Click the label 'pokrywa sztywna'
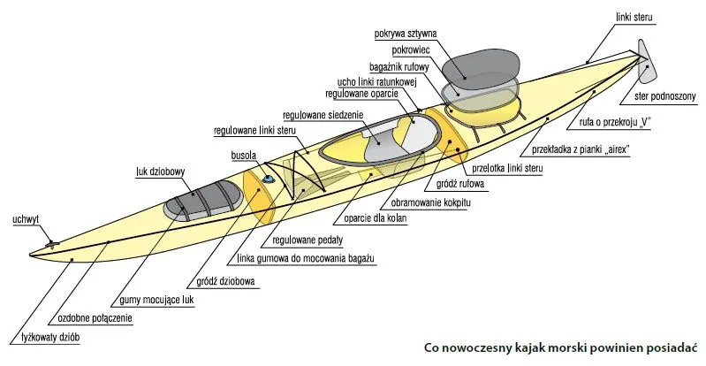tap(406, 34)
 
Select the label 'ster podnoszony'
tap(664, 96)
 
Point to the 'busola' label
tap(243, 156)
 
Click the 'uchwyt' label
tap(25, 218)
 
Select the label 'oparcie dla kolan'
tap(376, 219)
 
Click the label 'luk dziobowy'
tap(160, 172)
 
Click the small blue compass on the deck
tap(267, 180)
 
